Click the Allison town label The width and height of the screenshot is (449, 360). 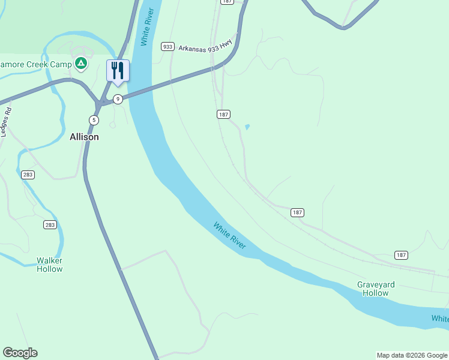tap(84, 137)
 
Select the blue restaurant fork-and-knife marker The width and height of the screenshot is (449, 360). tap(118, 71)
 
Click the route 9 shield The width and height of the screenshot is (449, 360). tap(118, 99)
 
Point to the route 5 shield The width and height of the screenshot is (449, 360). tap(94, 120)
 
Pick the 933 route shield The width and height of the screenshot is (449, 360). tap(167, 46)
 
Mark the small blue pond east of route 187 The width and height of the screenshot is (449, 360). tap(247, 127)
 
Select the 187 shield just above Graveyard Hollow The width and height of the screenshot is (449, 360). tap(401, 255)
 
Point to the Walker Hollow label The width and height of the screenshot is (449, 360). tap(50, 265)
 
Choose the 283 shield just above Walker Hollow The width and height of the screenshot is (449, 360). tap(50, 225)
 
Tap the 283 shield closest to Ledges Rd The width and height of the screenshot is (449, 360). tap(28, 175)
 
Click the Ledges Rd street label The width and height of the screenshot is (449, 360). tap(7, 122)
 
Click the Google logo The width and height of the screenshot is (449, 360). tap(20, 353)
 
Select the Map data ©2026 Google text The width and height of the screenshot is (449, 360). tap(412, 355)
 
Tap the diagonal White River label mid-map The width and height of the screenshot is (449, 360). tap(230, 236)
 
